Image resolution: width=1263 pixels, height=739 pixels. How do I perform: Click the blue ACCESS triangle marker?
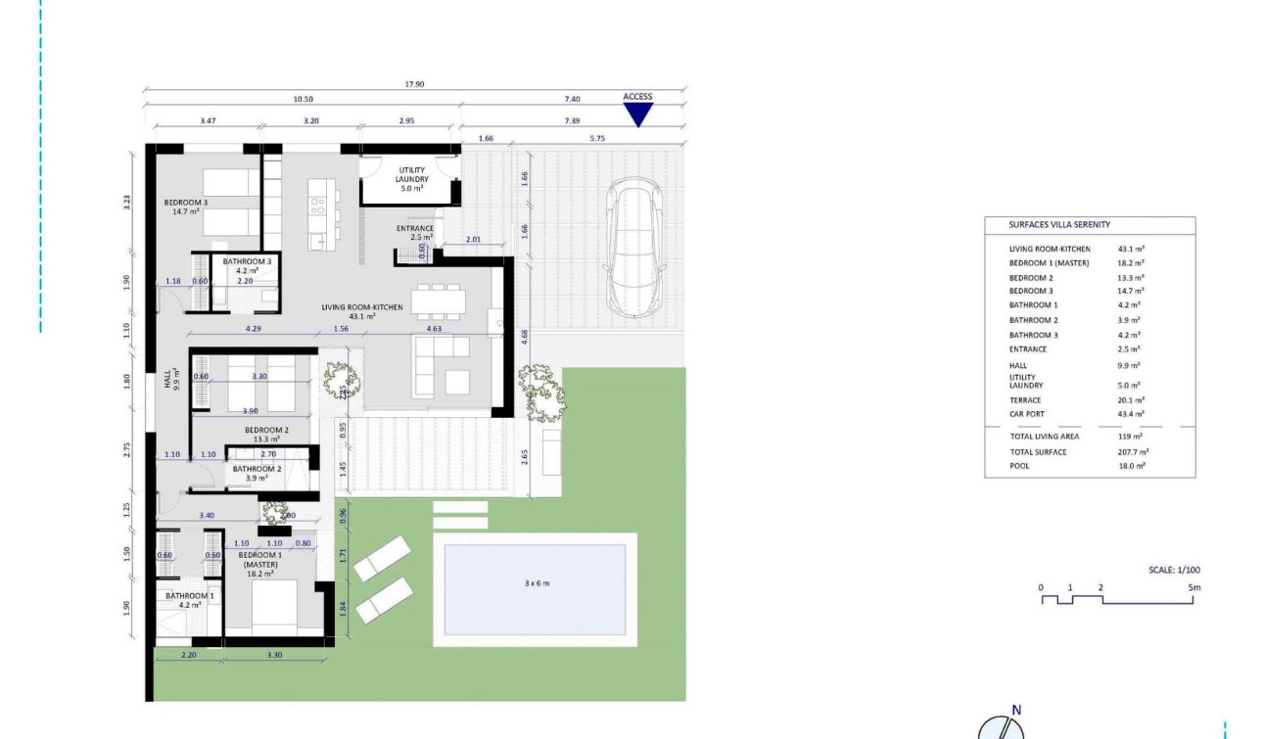coord(638,114)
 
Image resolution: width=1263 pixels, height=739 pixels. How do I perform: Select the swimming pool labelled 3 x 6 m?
coord(535,584)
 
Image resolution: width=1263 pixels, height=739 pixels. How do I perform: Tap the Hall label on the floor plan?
coord(168,376)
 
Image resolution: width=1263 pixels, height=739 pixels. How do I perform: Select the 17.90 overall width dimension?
coord(414,84)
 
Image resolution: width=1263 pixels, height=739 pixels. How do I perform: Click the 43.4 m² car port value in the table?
coord(1131,415)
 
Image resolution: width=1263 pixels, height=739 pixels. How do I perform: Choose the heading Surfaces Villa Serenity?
coord(1059,225)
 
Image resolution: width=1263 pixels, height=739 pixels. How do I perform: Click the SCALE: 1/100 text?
coord(1174,570)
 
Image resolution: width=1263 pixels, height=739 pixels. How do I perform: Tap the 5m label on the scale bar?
coord(1193,587)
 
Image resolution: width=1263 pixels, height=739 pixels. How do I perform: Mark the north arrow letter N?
coord(1016,711)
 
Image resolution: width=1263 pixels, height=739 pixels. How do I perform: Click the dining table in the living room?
coord(437,301)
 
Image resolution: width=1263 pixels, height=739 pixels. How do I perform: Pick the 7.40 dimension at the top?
coord(573,99)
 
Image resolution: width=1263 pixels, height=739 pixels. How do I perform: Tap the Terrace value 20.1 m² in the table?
coord(1131,400)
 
